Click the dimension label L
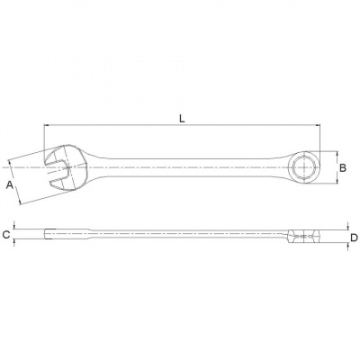click(x=182, y=119)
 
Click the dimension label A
click(x=10, y=185)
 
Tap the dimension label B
click(x=343, y=167)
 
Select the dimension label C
click(x=6, y=235)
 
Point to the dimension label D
click(x=354, y=238)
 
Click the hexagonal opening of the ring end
click(x=303, y=167)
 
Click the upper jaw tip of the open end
click(x=47, y=157)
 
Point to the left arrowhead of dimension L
click(x=46, y=124)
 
